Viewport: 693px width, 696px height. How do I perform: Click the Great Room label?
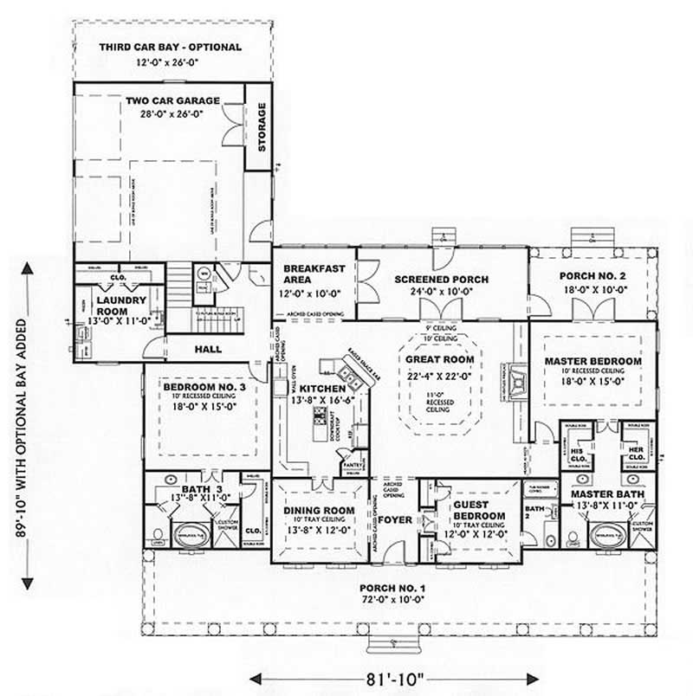point(446,359)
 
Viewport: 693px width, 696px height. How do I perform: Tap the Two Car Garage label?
point(172,100)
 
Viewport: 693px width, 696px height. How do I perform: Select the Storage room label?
point(261,126)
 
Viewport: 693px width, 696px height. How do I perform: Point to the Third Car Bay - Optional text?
point(170,48)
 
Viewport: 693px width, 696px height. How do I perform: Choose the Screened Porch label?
point(441,280)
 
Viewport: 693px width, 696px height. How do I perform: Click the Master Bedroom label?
point(593,361)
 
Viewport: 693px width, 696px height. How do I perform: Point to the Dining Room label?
point(319,511)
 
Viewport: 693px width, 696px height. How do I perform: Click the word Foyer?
point(395,521)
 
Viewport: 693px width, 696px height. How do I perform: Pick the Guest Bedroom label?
point(470,510)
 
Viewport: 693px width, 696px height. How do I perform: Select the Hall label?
point(208,349)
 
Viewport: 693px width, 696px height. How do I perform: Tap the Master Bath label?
point(606,493)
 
